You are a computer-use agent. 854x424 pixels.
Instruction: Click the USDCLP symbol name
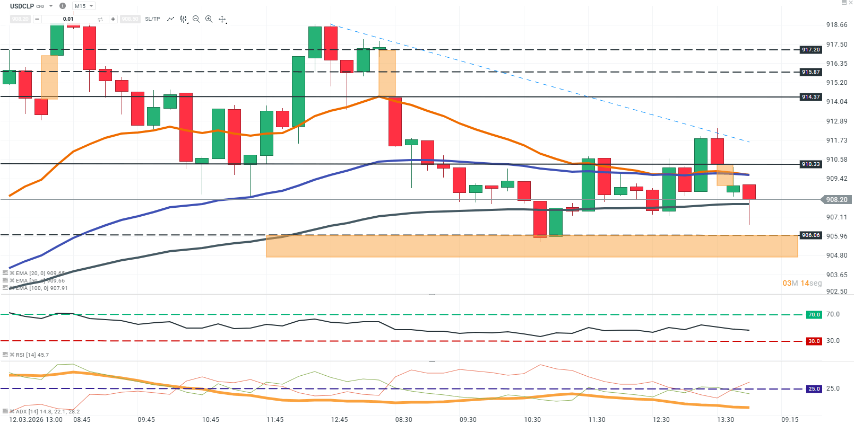(22, 6)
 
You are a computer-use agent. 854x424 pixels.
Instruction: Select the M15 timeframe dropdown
(83, 6)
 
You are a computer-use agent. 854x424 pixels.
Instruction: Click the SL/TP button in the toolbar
(152, 19)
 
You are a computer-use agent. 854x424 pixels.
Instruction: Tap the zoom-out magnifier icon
(196, 19)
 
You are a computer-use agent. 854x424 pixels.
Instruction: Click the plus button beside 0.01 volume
(113, 19)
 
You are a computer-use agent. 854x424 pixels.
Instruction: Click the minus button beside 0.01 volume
(37, 19)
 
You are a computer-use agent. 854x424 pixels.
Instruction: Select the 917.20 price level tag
(810, 50)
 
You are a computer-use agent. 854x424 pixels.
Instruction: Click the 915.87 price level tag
(810, 72)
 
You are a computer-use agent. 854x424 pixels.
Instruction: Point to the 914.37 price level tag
(810, 97)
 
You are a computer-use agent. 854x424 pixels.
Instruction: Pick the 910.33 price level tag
(810, 164)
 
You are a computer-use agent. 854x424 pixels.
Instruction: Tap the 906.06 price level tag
(810, 235)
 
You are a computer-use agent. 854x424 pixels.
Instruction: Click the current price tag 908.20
(836, 200)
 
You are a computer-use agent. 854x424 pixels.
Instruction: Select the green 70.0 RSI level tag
(814, 315)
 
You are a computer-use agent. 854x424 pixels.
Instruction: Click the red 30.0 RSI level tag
(814, 341)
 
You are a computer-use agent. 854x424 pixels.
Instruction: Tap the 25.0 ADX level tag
(814, 389)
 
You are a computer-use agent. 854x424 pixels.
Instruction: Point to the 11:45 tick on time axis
(275, 420)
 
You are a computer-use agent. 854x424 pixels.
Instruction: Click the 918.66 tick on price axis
(836, 25)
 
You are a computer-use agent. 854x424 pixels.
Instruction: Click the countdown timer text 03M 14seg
(801, 283)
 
